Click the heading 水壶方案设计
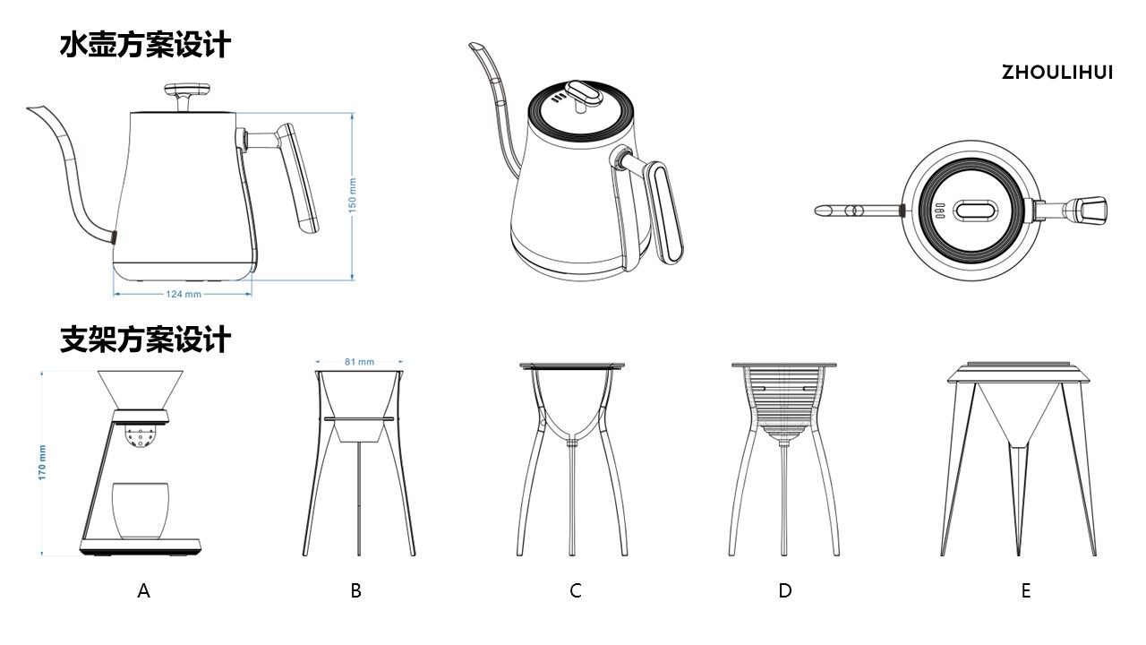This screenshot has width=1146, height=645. click(145, 45)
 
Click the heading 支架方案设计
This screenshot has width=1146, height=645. click(145, 340)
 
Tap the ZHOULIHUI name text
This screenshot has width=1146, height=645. click(1056, 73)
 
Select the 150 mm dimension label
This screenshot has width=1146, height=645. click(352, 195)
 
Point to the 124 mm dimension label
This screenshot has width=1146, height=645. click(183, 294)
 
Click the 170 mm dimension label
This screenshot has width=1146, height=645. click(42, 464)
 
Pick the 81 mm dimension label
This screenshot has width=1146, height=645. click(359, 362)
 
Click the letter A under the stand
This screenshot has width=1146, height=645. click(143, 591)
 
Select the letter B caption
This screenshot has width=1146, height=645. click(356, 591)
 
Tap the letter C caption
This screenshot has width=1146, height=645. click(576, 591)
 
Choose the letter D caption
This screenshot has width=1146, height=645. click(785, 591)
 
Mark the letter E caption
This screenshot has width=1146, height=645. click(1026, 591)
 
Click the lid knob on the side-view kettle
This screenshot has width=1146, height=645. click(187, 91)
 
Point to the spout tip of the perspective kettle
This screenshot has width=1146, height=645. click(475, 46)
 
